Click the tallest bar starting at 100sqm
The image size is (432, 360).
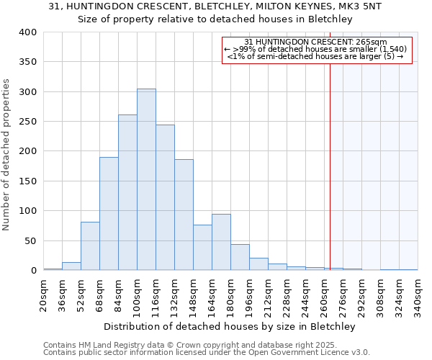146,180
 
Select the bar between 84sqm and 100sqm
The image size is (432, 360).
127,193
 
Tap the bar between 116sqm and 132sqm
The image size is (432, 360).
165,198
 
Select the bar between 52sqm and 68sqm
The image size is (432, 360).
90,246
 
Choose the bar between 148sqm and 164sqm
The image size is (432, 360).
202,248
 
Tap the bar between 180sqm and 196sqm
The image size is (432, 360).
240,258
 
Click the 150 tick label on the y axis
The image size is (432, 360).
27,181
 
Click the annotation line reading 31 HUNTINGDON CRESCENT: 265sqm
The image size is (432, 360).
316,42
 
